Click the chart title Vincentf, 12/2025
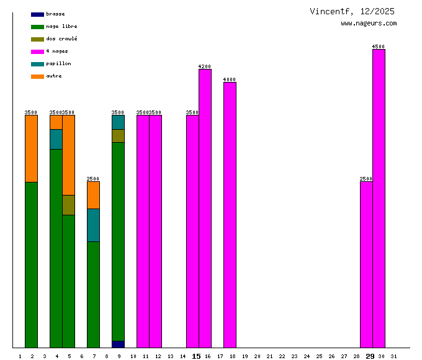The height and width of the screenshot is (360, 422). [352, 11]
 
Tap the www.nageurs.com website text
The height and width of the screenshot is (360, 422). [369, 24]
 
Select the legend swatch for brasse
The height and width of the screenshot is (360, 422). [37, 14]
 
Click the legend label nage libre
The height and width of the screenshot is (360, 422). [61, 27]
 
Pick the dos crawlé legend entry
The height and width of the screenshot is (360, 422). [61, 39]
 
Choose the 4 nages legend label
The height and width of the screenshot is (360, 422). [57, 52]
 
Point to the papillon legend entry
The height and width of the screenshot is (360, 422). [58, 64]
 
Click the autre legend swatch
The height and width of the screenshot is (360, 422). [37, 76]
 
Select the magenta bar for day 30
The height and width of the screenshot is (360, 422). [379, 199]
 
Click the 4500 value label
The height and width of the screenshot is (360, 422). [379, 47]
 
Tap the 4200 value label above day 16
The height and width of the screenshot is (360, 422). [205, 66]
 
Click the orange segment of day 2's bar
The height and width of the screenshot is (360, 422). [31, 148]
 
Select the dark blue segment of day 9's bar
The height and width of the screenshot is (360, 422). [118, 344]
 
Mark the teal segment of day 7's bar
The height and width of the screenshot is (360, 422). [93, 225]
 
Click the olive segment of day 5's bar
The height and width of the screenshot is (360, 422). [68, 205]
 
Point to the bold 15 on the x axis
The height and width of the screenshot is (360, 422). [196, 356]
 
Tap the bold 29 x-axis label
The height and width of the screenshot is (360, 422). [370, 356]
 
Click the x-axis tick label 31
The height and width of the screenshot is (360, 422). [394, 356]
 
